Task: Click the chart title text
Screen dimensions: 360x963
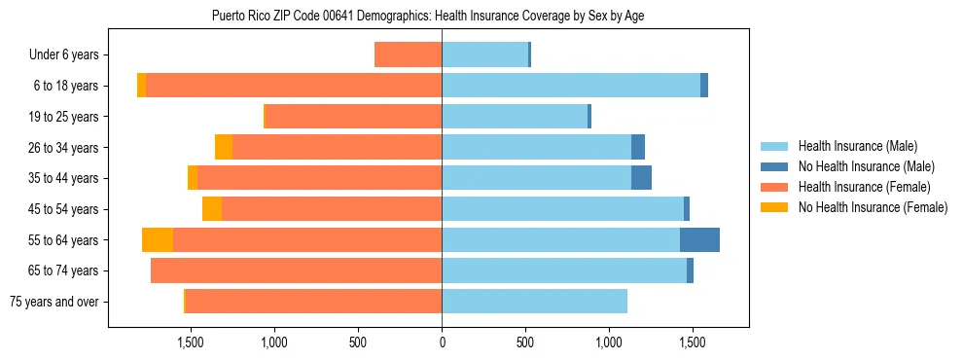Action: point(428,16)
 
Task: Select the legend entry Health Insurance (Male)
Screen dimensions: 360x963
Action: point(857,146)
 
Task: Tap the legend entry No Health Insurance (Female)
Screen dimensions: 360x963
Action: point(872,207)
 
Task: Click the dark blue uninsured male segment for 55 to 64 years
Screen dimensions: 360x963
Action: point(699,240)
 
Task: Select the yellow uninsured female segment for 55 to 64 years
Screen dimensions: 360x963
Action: point(158,240)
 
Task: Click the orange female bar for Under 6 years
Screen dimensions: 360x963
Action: point(408,55)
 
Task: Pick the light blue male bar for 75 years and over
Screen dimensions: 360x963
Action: point(534,302)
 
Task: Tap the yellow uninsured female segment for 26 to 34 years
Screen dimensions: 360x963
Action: point(224,148)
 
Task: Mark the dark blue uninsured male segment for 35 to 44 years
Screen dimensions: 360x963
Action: point(641,178)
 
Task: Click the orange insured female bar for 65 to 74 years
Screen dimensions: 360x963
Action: point(296,270)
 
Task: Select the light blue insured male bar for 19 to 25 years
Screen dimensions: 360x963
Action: point(515,117)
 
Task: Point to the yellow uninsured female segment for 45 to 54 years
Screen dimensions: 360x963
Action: point(212,209)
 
